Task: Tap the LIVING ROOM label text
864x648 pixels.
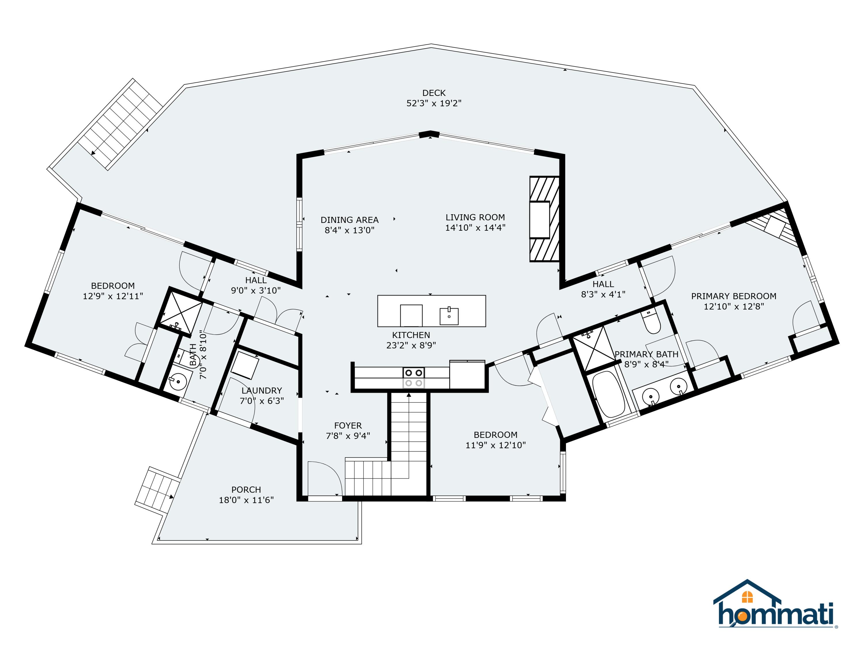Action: pos(475,217)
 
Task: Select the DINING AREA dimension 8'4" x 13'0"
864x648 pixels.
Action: pos(350,230)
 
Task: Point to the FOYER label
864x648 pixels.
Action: pos(348,425)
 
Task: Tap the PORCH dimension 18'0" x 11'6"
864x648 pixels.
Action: pos(246,500)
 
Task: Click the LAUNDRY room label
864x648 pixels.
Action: pos(261,390)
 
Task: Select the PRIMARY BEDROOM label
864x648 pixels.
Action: pos(734,296)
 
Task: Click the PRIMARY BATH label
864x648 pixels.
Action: pos(647,354)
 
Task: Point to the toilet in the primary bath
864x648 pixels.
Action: pos(652,321)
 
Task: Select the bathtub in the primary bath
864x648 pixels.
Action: pos(608,393)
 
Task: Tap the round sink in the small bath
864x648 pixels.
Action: pos(178,379)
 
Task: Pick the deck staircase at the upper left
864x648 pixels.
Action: pos(120,124)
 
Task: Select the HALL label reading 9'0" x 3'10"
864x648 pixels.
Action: pos(256,285)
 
